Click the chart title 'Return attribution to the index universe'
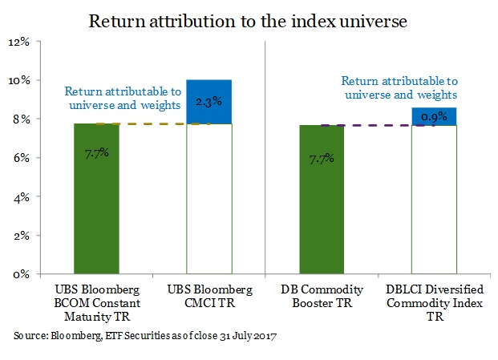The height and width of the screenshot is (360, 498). click(x=249, y=21)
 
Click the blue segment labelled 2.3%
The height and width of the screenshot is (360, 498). click(x=209, y=101)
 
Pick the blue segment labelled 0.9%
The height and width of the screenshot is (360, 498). click(x=434, y=116)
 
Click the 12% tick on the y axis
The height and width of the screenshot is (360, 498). click(x=18, y=42)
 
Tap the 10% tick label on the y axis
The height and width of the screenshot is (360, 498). click(x=18, y=80)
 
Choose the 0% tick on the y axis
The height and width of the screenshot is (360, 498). click(x=21, y=274)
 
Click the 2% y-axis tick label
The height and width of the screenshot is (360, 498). click(x=21, y=236)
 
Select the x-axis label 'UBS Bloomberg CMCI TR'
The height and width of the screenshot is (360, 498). click(x=209, y=294)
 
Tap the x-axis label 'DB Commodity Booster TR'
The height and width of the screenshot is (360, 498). click(x=322, y=294)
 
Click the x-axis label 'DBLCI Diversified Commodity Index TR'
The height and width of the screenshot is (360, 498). click(x=434, y=300)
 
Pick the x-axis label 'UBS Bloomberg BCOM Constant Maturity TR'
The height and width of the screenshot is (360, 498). click(x=95, y=300)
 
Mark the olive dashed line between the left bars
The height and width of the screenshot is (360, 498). click(x=152, y=123)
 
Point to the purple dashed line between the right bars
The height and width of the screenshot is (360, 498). click(x=378, y=125)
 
